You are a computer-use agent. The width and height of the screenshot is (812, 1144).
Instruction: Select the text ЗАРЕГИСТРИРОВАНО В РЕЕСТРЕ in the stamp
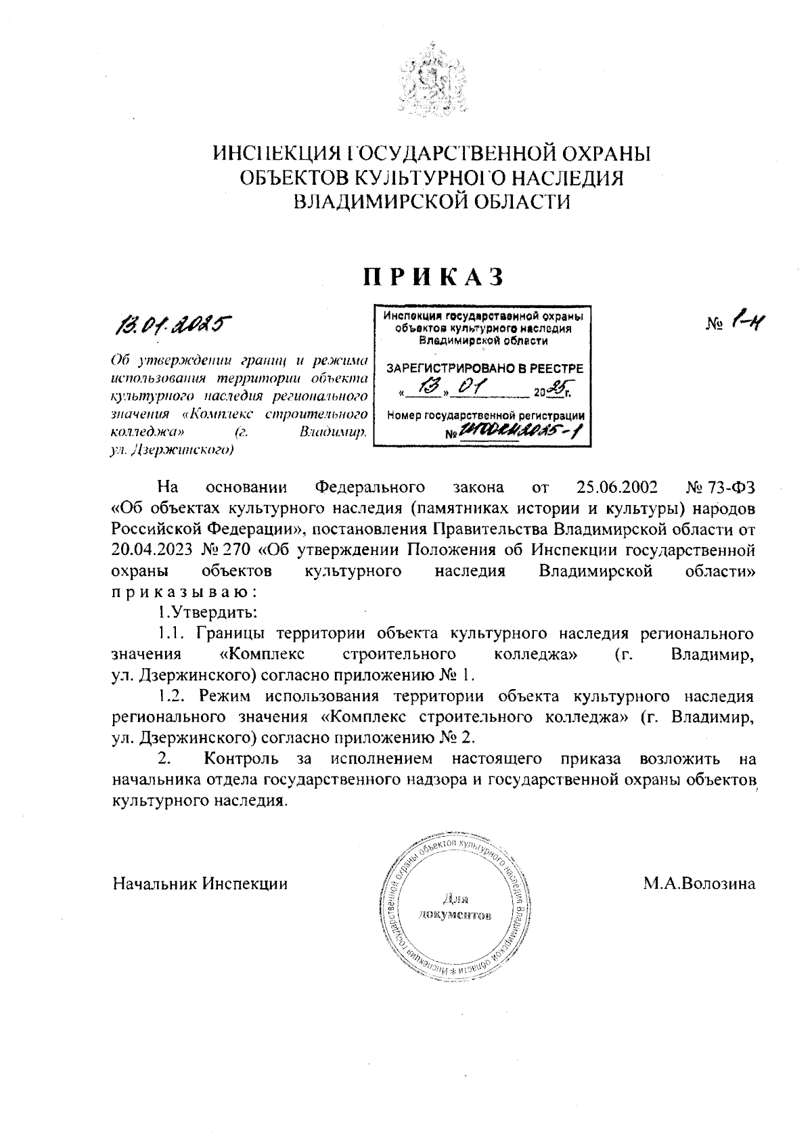click(x=484, y=368)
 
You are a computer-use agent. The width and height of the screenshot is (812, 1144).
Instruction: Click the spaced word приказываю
click(x=184, y=591)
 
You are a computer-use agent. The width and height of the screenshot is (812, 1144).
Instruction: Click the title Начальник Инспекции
click(x=200, y=884)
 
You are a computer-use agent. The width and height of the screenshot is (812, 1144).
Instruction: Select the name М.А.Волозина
click(x=699, y=884)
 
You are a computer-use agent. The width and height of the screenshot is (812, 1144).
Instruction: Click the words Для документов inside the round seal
click(x=455, y=908)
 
